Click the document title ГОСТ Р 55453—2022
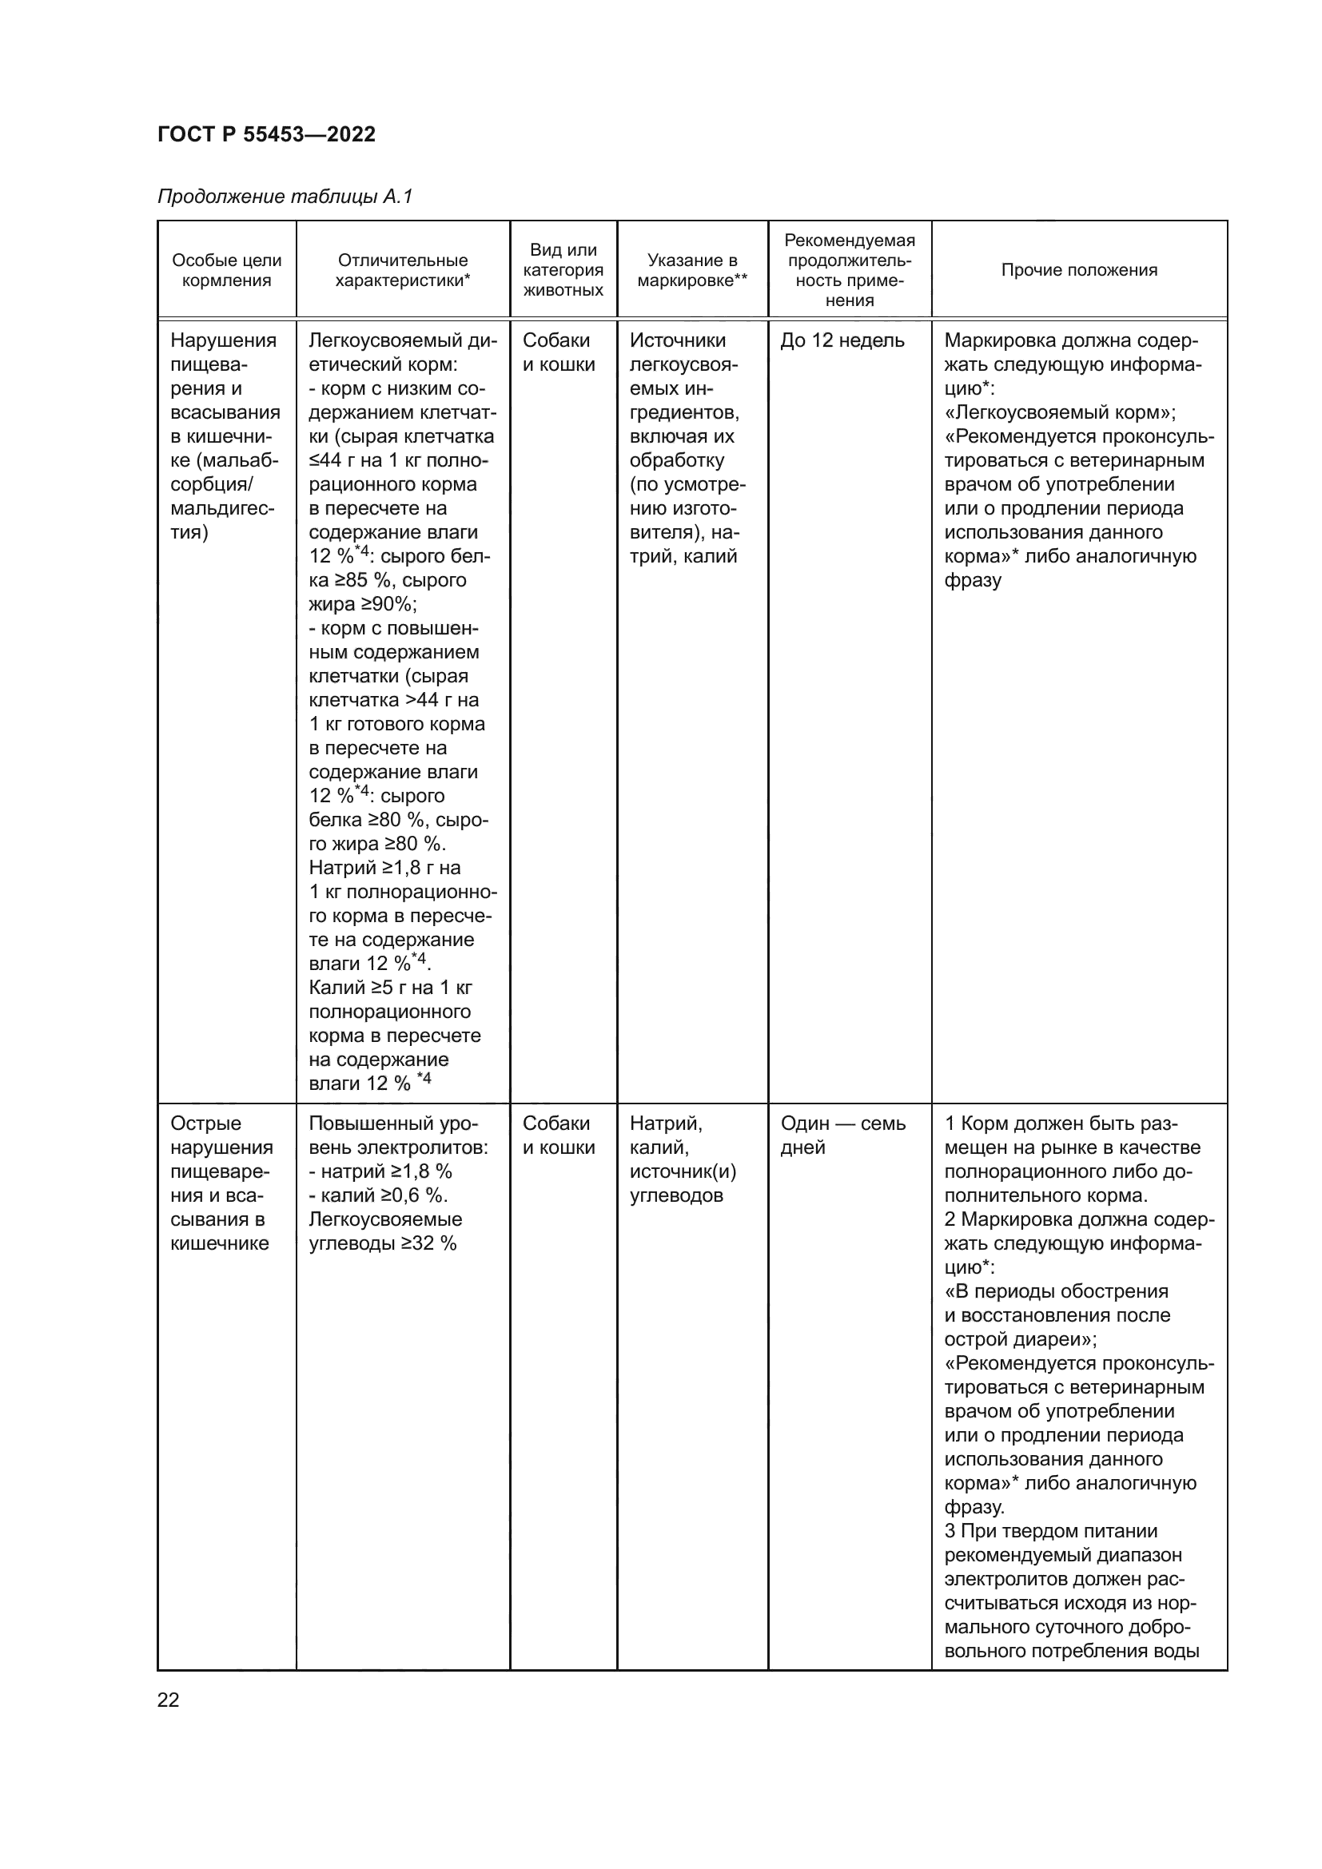point(266,134)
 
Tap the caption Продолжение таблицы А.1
point(285,197)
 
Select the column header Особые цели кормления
point(226,270)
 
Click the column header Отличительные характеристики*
point(403,270)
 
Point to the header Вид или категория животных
point(563,269)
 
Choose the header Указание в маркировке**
point(692,270)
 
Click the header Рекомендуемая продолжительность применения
point(849,269)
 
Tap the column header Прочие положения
point(1078,270)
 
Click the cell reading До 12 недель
point(842,340)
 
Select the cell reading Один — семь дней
point(842,1135)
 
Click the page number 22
point(168,1700)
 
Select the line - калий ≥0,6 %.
point(379,1195)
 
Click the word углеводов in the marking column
point(676,1195)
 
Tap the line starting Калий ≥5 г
point(390,988)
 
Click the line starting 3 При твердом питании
point(1051,1531)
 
